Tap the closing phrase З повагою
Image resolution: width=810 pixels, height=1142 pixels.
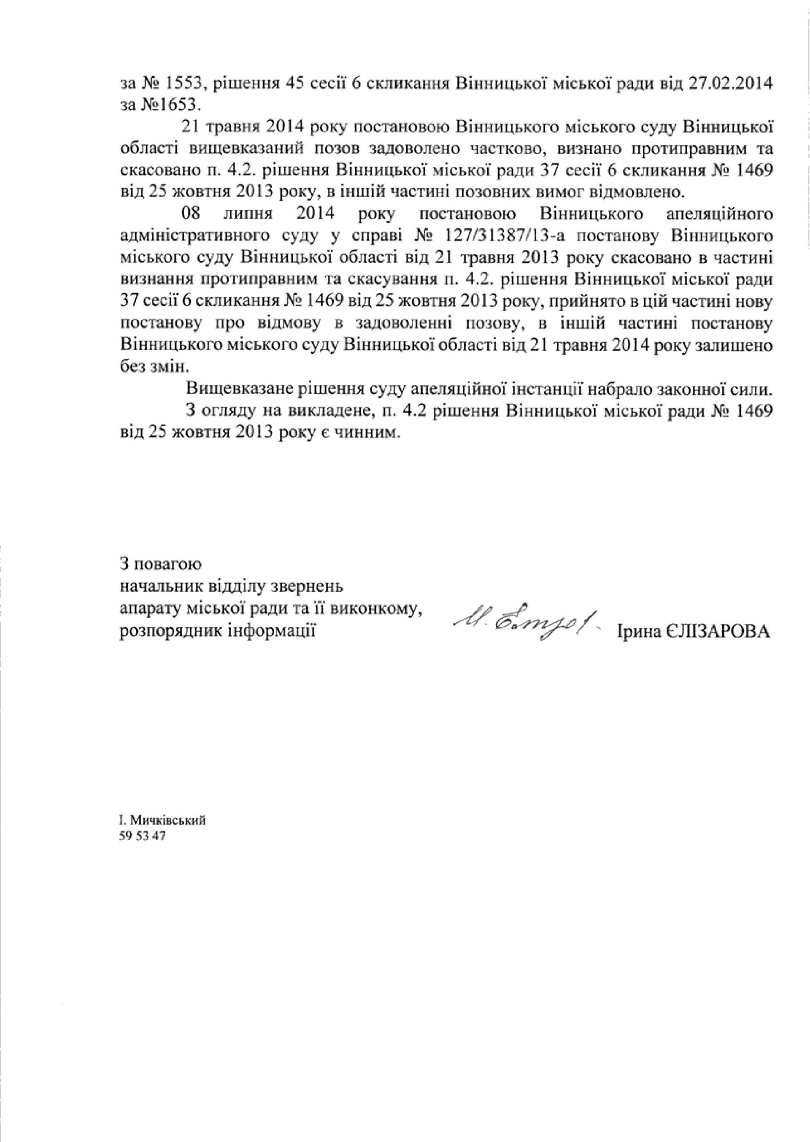coord(161,564)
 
